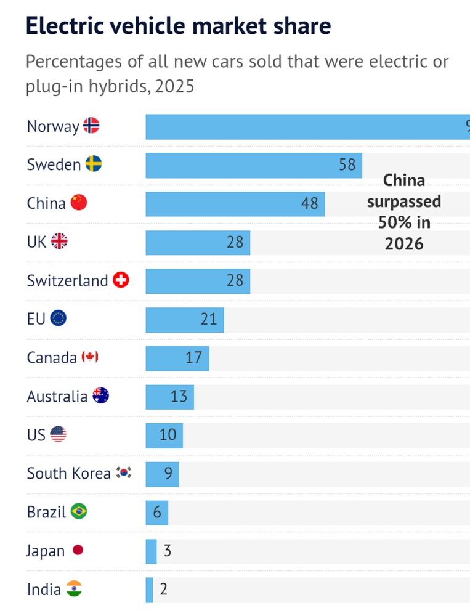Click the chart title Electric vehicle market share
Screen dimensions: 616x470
179,26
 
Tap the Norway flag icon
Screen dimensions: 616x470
91,126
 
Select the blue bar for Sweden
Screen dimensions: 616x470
253,165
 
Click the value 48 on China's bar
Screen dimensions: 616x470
309,203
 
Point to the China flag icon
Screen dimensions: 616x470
79,203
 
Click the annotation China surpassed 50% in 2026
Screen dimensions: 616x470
404,212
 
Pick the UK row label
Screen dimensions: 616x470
36,241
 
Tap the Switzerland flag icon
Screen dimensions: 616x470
121,280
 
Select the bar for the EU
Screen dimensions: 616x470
184,319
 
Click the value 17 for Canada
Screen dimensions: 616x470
193,357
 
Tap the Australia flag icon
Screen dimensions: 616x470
100,396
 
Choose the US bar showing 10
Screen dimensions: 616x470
164,435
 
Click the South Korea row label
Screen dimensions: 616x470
68,473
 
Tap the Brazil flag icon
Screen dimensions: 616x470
79,511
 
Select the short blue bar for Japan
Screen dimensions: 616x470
151,551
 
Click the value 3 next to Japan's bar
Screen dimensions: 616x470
168,551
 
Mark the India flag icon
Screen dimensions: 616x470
74,589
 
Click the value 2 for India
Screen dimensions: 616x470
163,589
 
